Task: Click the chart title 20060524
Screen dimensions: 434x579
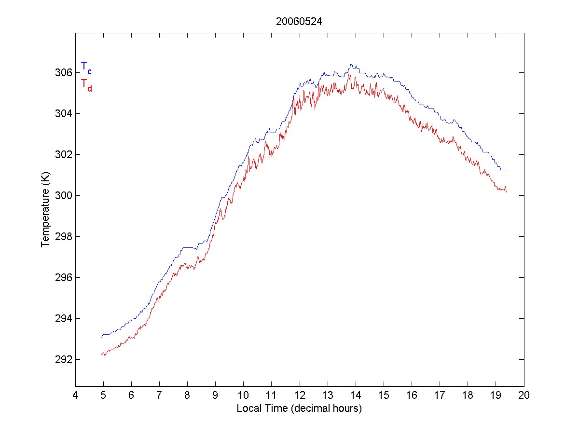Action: pos(299,21)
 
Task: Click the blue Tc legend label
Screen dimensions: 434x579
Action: pos(86,67)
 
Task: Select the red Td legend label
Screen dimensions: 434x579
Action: pos(86,84)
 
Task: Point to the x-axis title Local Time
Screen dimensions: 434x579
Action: pos(299,408)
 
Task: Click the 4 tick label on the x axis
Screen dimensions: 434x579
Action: pos(75,396)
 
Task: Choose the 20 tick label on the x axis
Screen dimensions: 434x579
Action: pos(524,396)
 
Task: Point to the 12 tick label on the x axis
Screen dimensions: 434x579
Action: pos(300,396)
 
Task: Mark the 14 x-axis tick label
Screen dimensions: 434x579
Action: pos(356,396)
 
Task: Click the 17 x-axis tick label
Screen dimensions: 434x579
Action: pos(440,396)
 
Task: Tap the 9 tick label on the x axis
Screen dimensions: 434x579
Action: pos(215,396)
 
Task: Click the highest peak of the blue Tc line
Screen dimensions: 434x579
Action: pos(352,64)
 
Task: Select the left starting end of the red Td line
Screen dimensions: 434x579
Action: pos(101,354)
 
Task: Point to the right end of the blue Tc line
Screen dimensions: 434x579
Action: pos(506,170)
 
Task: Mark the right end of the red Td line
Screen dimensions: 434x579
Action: pos(506,192)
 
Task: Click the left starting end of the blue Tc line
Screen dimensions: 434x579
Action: pos(101,337)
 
